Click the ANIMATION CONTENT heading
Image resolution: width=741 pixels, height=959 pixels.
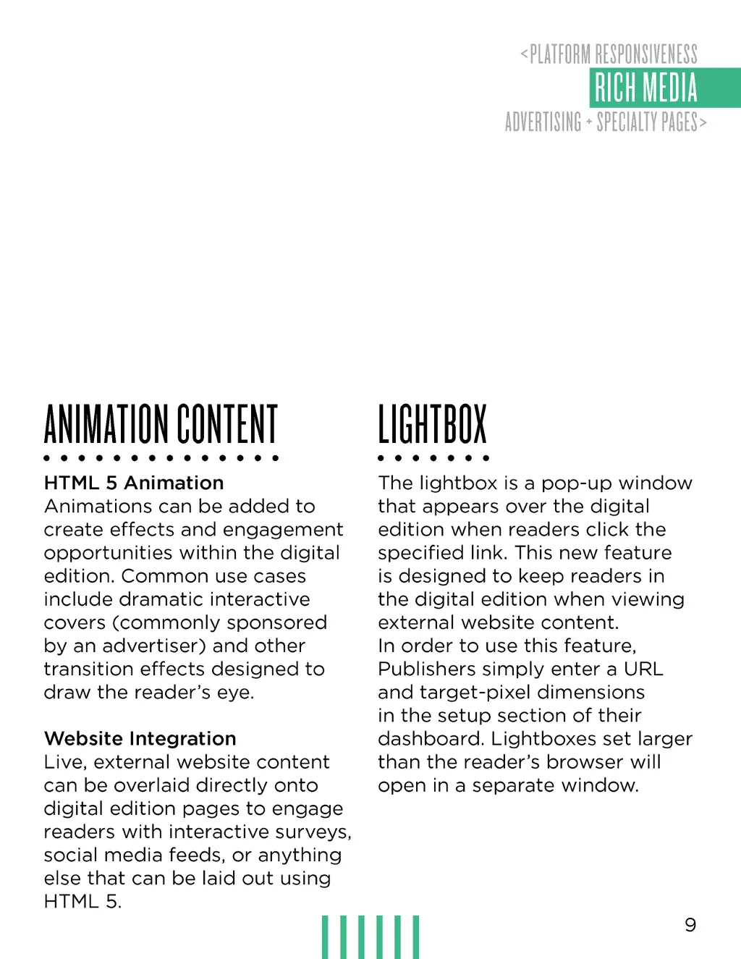click(x=161, y=424)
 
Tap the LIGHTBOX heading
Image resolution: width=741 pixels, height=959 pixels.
click(x=432, y=424)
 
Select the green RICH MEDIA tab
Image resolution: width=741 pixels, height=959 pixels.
click(x=646, y=88)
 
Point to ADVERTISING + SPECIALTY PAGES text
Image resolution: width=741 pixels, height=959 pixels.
click(x=605, y=122)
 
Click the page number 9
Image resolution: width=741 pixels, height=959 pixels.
click(x=690, y=924)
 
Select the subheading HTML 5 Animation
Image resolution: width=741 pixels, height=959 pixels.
click(x=134, y=483)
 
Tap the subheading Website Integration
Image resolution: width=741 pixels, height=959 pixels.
click(x=140, y=738)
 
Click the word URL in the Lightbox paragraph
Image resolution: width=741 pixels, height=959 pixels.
click(x=643, y=669)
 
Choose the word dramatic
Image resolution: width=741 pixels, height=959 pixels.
click(x=164, y=599)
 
